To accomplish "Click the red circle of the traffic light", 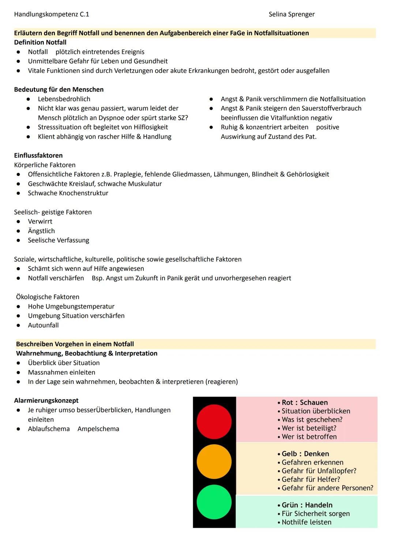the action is click(214, 421).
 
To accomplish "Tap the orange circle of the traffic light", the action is click(214, 462).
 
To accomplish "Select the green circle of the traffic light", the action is click(214, 502).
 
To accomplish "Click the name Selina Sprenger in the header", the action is click(291, 14).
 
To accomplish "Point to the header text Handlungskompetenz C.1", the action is click(51, 14).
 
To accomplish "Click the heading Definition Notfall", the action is click(40, 42).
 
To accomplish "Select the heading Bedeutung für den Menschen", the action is click(59, 89).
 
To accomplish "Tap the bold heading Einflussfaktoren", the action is click(38, 155).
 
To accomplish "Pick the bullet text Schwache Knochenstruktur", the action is click(68, 193).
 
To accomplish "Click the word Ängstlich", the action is click(41, 231).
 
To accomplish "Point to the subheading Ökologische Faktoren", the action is click(48, 297).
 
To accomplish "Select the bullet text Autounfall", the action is click(43, 325).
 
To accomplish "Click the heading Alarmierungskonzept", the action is click(46, 400).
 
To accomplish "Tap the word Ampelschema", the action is click(98, 429).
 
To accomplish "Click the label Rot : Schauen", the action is click(305, 403).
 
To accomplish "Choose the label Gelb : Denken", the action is click(305, 454).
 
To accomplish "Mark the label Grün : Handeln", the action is click(307, 505).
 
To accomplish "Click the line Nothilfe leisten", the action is click(306, 522).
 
